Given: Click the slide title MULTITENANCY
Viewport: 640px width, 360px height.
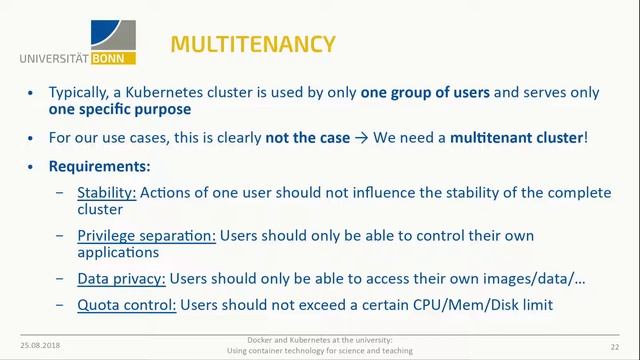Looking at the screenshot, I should (x=252, y=44).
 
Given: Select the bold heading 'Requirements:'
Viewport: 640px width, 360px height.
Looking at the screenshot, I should (x=100, y=165).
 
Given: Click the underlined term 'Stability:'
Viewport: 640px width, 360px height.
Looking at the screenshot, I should (x=107, y=192).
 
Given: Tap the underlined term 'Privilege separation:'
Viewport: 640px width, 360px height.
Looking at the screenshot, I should (x=146, y=235).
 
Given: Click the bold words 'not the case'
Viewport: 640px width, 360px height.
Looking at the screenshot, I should (x=308, y=137).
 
